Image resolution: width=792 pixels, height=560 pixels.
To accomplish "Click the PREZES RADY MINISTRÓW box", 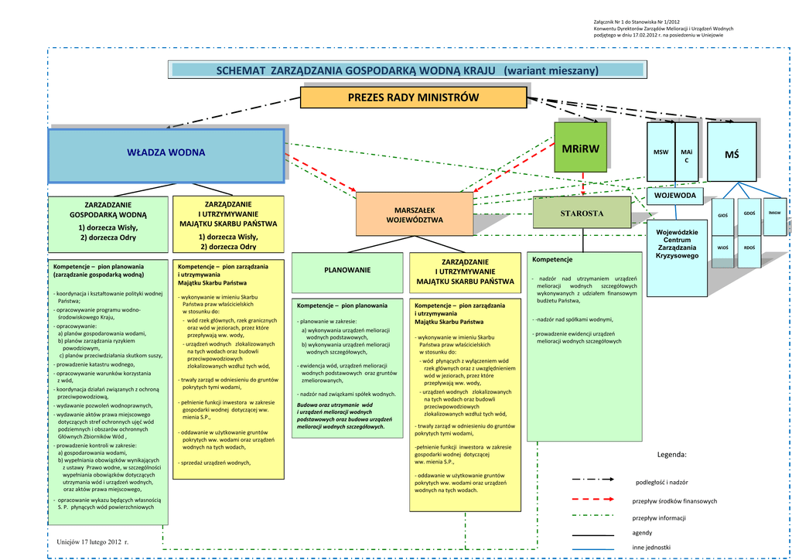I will [x=413, y=97].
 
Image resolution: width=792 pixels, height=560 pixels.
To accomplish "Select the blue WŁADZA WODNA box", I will [x=166, y=153].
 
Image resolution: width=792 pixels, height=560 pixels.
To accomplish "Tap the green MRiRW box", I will [x=581, y=149].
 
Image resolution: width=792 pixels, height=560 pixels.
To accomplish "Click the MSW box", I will [x=661, y=153].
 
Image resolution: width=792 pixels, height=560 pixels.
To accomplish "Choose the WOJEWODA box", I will [x=674, y=196].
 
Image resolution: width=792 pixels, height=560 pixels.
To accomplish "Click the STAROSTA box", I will [x=582, y=213].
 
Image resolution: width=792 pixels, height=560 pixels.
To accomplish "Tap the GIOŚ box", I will [x=722, y=215].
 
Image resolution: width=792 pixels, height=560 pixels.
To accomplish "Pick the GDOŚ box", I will [x=749, y=213].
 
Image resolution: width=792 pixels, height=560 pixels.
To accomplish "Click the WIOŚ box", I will [x=722, y=248].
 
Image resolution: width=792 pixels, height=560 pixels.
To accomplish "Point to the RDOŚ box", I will [x=749, y=248].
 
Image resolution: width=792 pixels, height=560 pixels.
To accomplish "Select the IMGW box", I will [x=774, y=213].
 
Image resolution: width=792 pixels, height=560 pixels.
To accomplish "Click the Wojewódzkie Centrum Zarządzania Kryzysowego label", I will [x=677, y=244].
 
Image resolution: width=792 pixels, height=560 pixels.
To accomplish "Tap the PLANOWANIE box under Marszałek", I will [x=347, y=270].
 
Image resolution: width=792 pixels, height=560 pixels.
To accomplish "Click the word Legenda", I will [x=671, y=455].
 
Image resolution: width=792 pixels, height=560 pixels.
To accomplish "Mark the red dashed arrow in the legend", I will [x=592, y=500].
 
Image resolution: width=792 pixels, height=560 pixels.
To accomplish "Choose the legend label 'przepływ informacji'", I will [x=659, y=518].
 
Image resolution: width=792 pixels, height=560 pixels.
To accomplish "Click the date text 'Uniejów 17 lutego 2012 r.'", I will [x=93, y=541].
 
